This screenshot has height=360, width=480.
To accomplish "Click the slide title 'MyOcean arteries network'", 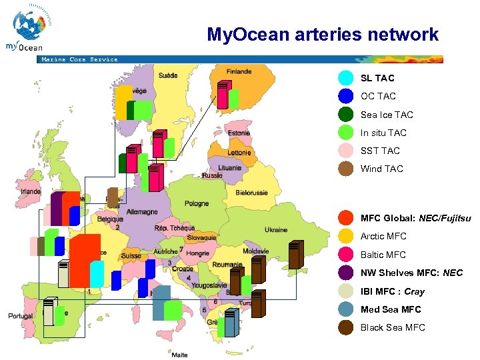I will tap(323, 34).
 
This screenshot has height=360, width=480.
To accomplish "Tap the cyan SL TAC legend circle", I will tap(346, 78).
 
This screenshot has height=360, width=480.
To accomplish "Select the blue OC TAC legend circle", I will tap(346, 96).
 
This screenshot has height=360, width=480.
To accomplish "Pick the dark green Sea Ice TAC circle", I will tap(346, 115).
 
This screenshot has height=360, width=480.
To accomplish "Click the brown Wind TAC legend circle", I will tap(346, 169).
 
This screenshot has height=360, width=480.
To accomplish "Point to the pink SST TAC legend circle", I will tap(346, 151).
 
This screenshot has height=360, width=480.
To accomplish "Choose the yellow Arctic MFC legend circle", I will tap(346, 236).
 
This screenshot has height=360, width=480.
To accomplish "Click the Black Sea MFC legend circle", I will tap(346, 327).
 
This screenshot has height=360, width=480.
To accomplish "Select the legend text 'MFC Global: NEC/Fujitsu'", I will tap(415, 218).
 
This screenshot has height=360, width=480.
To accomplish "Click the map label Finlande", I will tap(239, 72).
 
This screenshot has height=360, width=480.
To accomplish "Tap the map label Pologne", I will tap(196, 203).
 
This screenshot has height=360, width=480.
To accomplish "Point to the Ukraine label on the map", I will tap(276, 230).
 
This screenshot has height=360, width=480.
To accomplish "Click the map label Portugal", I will tap(20, 316).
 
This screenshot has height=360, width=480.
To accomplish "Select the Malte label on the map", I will tap(179, 355).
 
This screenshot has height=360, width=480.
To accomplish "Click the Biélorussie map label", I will tap(251, 193).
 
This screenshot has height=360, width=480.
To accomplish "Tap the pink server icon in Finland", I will tap(223, 94).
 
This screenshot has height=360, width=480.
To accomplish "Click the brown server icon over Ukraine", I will tap(295, 254).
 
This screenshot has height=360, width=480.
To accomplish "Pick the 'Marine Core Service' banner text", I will tap(79, 59).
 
